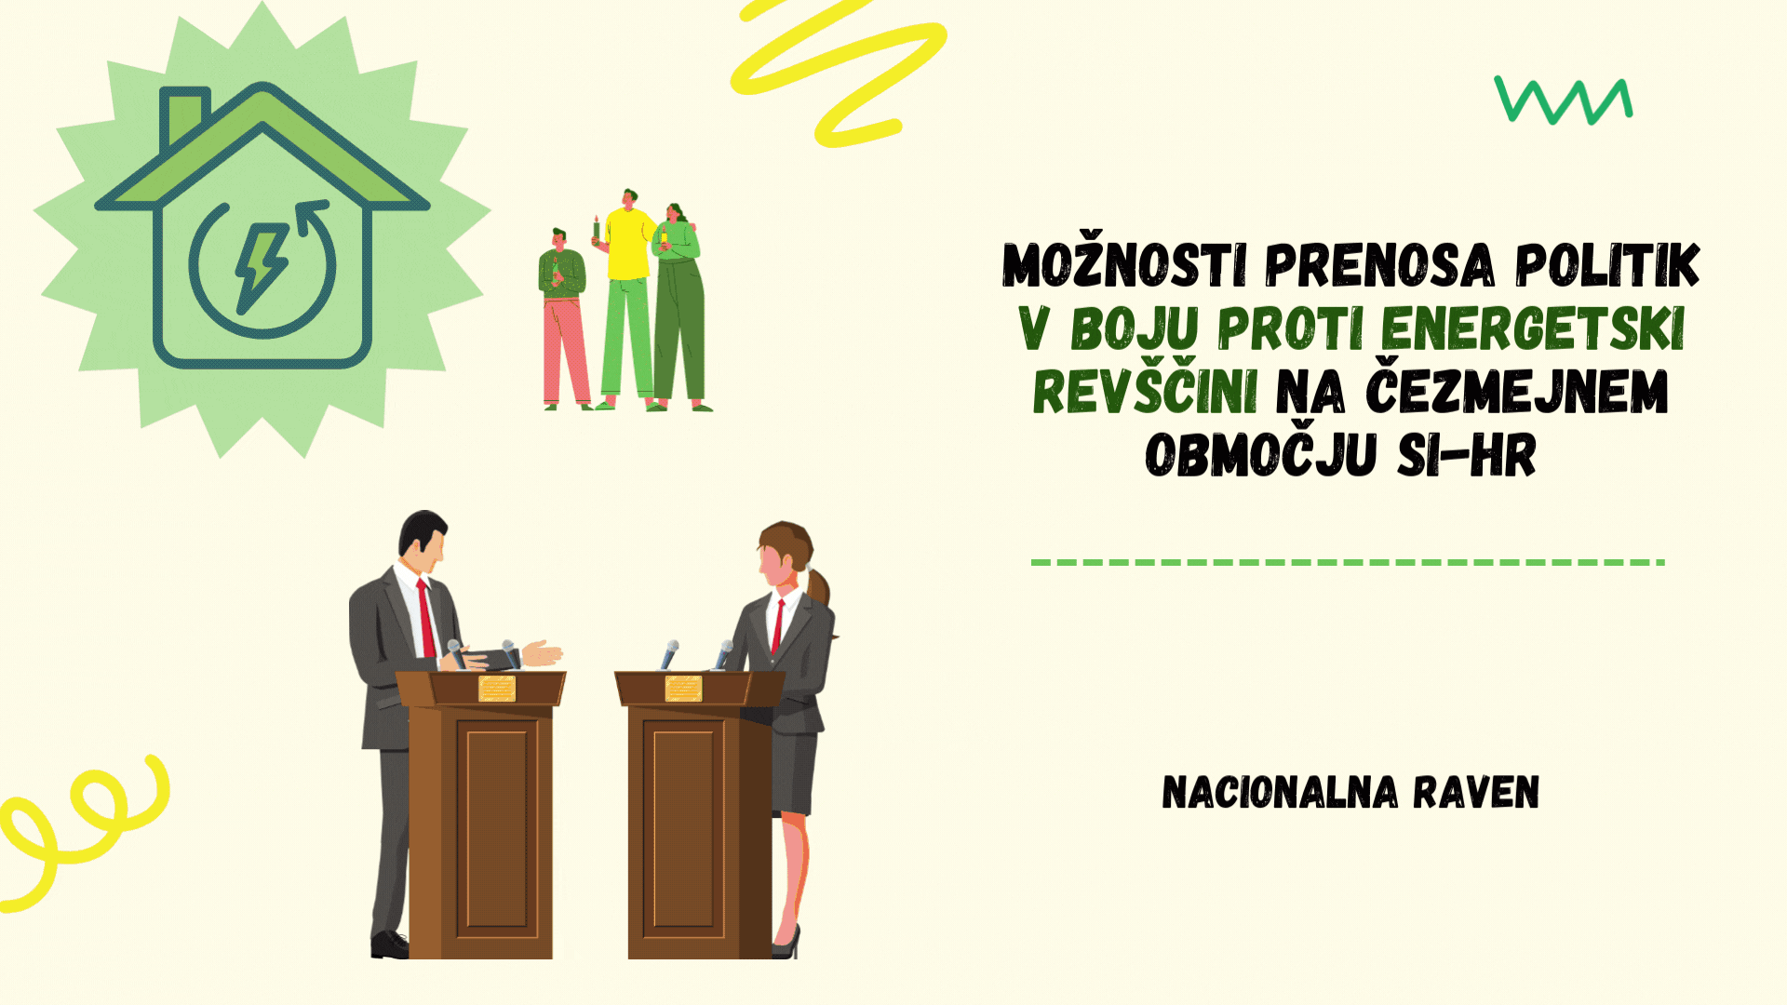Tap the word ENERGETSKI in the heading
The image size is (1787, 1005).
pos(1533,328)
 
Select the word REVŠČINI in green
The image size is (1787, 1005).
pos(1145,391)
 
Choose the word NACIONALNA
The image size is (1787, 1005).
pos(1280,793)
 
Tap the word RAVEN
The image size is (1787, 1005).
pos(1476,793)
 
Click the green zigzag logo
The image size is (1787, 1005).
pos(1564,100)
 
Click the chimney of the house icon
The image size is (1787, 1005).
pos(184,116)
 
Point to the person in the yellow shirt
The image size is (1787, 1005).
pos(627,298)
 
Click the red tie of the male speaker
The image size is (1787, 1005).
pos(426,618)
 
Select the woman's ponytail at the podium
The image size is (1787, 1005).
pos(818,585)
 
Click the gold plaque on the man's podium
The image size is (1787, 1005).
pos(497,689)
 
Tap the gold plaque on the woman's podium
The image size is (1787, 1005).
pos(683,689)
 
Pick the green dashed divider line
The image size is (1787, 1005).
pos(1348,562)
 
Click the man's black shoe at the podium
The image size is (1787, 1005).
pos(390,945)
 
